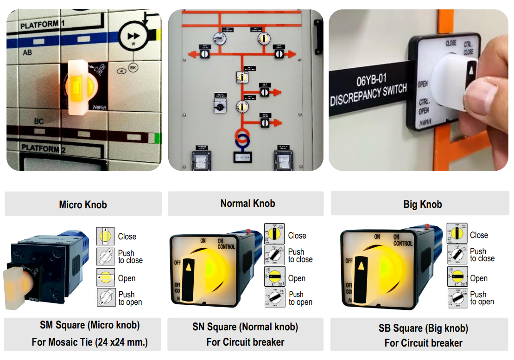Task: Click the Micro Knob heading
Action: point(83,205)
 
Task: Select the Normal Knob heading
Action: point(247,203)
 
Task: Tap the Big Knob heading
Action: point(422,204)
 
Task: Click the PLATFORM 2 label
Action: point(43,148)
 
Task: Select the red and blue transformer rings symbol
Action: point(242,138)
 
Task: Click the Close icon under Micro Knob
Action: point(106,236)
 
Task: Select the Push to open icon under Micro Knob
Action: point(106,297)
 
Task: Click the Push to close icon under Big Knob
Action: point(457,255)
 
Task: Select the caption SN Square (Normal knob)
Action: point(245,327)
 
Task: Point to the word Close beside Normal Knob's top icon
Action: point(297,236)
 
